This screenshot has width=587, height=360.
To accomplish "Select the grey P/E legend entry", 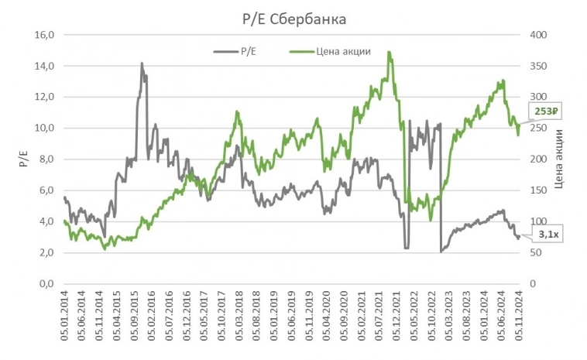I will pyautogui.click(x=242, y=52).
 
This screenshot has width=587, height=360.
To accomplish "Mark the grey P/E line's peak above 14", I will pyautogui.click(x=142, y=63).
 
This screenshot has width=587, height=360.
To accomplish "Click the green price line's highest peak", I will pyautogui.click(x=388, y=53).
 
